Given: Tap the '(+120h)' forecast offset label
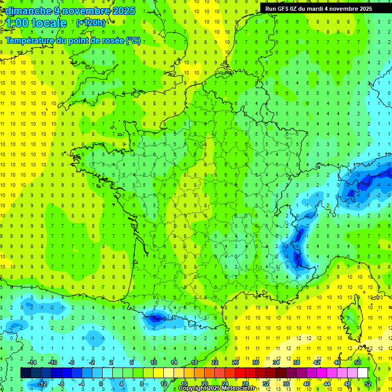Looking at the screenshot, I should [91, 22].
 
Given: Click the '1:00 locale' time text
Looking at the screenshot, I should [36, 23].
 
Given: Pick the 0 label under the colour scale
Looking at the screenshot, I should [101, 383].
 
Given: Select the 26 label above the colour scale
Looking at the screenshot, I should [235, 362].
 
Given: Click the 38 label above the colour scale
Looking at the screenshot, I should [296, 362].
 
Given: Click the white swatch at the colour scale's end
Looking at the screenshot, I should [362, 373].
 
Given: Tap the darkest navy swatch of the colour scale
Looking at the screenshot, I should [26, 373].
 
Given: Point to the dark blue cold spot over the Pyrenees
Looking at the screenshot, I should [156, 318].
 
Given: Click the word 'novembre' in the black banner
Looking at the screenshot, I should [343, 8].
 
